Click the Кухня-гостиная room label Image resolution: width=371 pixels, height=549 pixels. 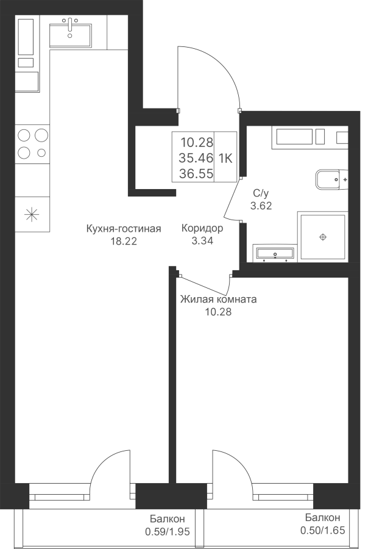pos(124,229)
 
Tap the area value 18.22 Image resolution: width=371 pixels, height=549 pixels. pos(124,241)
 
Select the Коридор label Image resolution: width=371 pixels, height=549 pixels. pos(202,229)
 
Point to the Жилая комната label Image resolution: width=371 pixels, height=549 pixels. pos(218,300)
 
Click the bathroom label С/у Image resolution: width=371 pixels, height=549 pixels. pos(261,193)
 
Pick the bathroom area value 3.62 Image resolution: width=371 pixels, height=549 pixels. pos(261,206)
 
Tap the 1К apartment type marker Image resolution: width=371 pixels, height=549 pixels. pos(225,159)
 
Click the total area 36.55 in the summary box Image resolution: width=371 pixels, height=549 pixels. pos(196,173)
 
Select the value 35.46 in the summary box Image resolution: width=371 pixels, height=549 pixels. pos(196,158)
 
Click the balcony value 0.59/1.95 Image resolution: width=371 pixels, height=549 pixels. pos(168,532)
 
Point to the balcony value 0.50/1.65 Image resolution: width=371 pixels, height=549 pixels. pos(323,531)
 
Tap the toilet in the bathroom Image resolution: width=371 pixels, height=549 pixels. pos(332,180)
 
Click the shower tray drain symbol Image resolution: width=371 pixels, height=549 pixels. pos(323,237)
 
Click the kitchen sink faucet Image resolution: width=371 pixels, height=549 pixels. pos(70,25)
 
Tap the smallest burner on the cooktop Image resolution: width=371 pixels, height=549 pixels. pos(41,152)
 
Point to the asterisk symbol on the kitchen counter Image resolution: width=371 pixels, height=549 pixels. pos(32,214)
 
